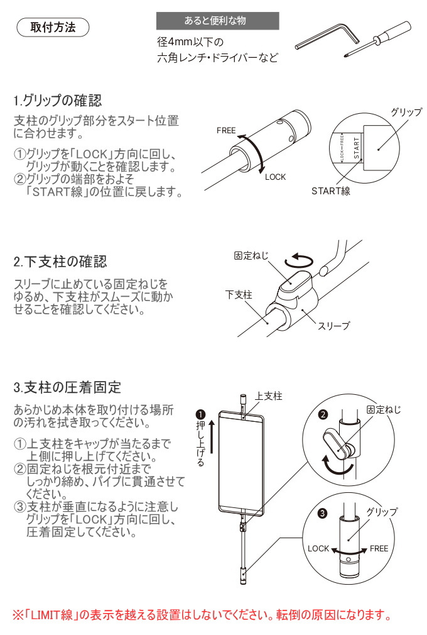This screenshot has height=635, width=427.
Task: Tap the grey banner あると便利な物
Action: (x=217, y=21)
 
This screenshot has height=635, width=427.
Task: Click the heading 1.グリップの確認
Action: (x=58, y=101)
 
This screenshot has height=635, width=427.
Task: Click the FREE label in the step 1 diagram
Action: (x=225, y=131)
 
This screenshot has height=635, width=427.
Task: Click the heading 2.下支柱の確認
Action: (x=60, y=261)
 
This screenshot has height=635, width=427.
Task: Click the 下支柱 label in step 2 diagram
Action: (x=239, y=294)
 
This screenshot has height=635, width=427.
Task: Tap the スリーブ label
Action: (x=333, y=326)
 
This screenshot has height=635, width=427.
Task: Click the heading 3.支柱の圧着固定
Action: (x=67, y=386)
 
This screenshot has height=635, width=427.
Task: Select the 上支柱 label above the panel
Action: (x=269, y=396)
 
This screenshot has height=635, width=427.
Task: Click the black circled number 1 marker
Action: (x=200, y=414)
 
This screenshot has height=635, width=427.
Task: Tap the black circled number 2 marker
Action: (x=323, y=414)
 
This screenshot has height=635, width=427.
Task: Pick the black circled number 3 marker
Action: (x=323, y=513)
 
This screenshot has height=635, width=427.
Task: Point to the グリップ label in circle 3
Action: (x=381, y=512)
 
